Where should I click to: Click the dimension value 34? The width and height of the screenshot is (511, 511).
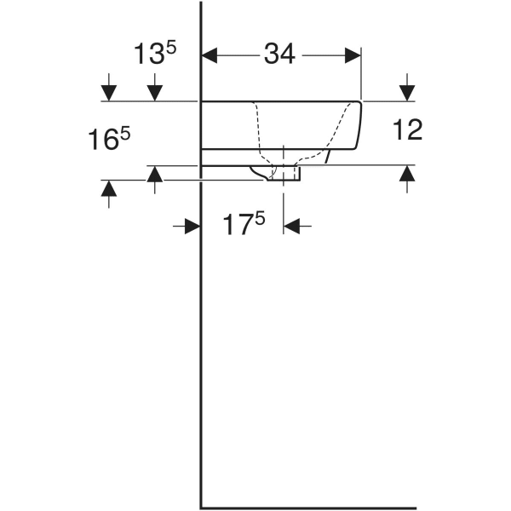279,55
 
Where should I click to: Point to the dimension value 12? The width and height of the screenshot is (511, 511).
408,130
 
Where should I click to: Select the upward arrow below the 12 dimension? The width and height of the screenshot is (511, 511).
407,175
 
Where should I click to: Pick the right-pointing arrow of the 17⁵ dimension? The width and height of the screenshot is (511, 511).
190,226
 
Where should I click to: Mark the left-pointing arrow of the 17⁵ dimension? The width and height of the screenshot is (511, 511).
295,226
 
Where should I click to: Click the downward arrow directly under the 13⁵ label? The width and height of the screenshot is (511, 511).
155,90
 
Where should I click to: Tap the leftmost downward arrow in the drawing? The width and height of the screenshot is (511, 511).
108,90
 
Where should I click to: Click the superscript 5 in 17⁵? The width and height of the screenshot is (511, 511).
260,219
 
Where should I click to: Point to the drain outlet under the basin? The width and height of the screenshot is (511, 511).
285,174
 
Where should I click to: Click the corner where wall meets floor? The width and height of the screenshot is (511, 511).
200,505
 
